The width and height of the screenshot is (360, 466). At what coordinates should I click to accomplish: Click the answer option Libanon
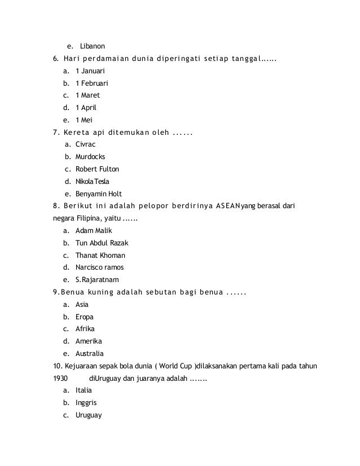point(93,45)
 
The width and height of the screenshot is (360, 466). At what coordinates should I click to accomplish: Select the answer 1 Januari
point(90,72)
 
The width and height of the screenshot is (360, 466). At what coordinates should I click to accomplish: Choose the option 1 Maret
point(87,95)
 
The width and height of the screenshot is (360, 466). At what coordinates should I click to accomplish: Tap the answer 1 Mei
point(84,120)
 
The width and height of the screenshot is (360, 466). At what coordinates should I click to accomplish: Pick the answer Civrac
point(86,144)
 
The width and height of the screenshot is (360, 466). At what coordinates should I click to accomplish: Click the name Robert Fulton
point(97,169)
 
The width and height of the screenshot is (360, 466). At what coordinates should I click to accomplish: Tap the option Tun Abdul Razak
point(102,243)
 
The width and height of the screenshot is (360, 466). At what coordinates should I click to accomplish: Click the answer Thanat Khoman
point(100,255)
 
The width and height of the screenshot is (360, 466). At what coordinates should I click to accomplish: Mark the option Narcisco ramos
point(100,267)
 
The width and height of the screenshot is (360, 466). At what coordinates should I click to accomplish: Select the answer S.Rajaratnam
point(97,279)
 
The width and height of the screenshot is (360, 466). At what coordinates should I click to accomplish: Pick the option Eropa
point(85,316)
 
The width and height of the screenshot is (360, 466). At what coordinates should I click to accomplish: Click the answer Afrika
point(85,328)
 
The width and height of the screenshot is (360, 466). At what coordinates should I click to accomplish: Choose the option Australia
point(89,353)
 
